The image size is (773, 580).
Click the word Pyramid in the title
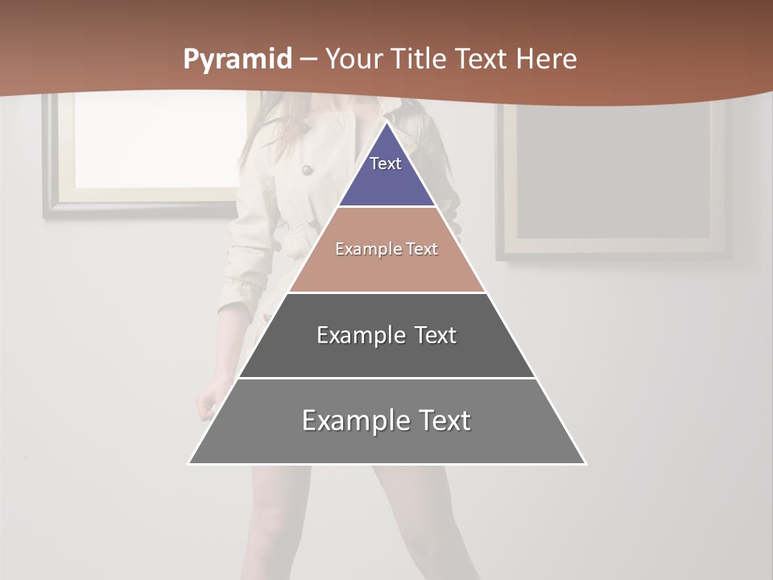[x=237, y=60]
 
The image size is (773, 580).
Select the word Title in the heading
[x=421, y=60]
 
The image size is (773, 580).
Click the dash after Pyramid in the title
[x=308, y=60]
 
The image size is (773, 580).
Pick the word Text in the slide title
[x=482, y=60]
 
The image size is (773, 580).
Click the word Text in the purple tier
[x=386, y=164]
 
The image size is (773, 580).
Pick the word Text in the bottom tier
[x=440, y=420]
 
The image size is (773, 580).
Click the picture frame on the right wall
[x=614, y=181]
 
